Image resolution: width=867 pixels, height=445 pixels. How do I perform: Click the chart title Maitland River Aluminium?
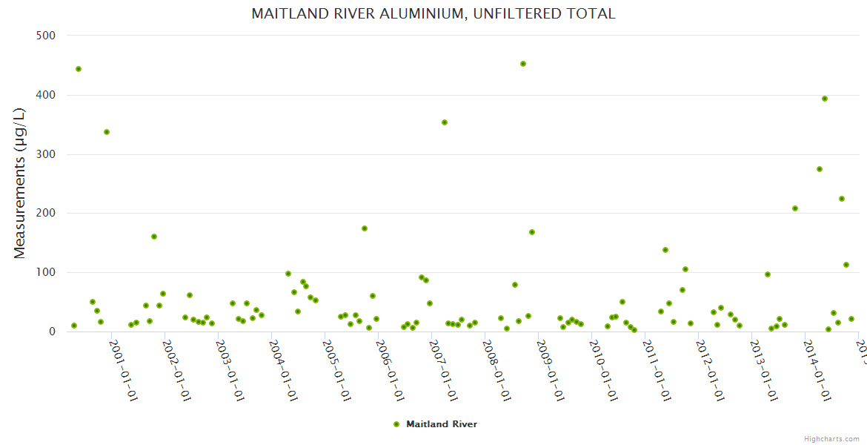433,14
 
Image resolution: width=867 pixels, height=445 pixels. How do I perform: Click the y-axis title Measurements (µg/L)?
20,182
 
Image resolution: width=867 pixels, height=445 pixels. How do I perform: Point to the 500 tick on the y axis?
46,36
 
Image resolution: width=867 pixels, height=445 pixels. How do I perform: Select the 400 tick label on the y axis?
46,95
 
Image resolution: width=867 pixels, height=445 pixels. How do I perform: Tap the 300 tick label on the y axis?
46,154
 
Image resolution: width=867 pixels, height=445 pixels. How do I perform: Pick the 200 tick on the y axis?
46,214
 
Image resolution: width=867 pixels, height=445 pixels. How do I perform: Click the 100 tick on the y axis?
46,272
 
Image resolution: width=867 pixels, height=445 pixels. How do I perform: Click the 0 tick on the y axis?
52,332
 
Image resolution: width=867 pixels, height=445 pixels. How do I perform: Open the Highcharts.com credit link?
831,438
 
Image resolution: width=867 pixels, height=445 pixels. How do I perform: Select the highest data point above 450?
523,64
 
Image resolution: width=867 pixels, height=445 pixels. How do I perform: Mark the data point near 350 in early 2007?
445,122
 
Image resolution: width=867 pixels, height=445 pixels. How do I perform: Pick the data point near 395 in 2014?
825,99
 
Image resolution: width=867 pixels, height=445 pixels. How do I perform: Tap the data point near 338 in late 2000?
107,132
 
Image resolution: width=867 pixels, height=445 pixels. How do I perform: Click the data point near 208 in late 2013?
795,208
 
